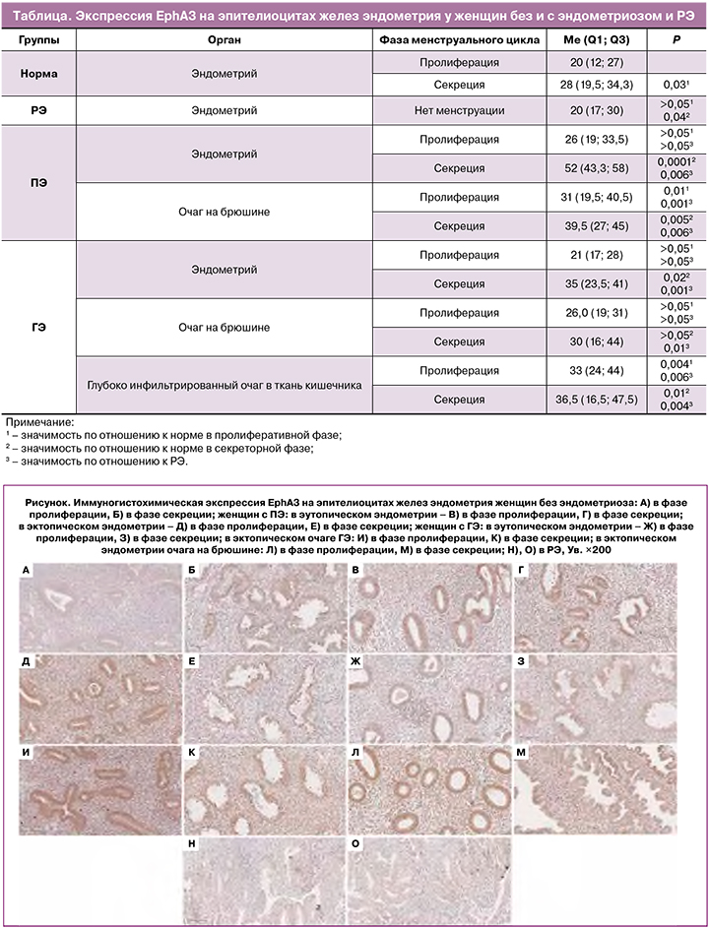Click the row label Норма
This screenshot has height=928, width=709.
click(x=38, y=74)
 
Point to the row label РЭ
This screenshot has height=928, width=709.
click(x=38, y=111)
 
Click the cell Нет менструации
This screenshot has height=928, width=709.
click(x=459, y=111)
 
